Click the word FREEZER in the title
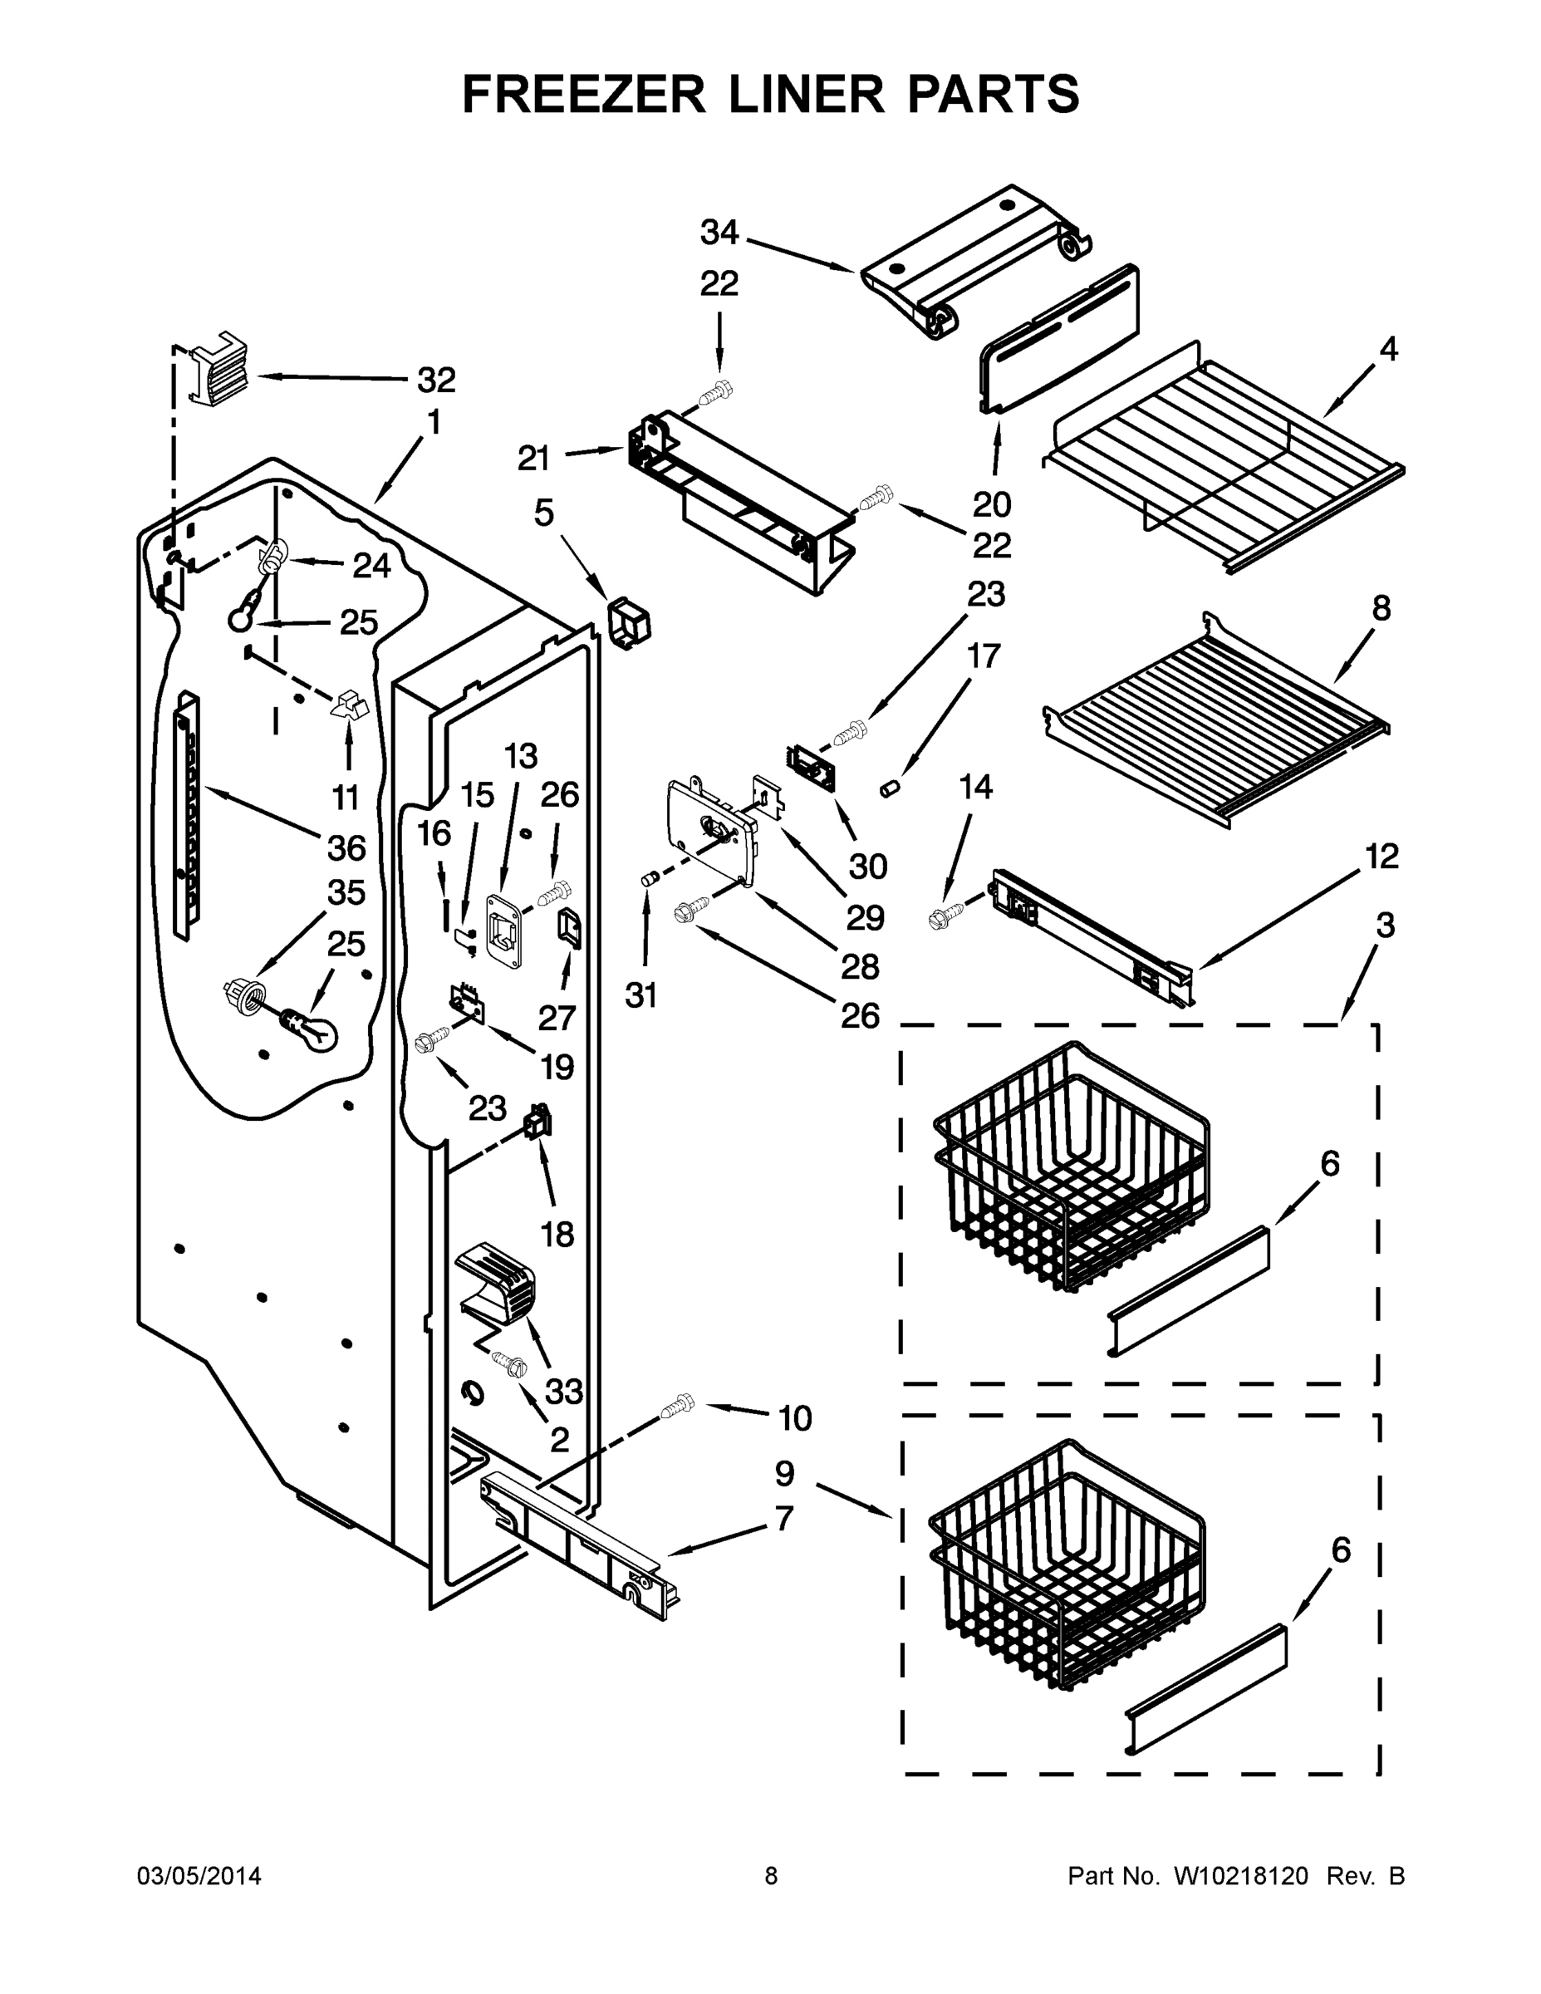pyautogui.click(x=584, y=94)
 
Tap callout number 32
pyautogui.click(x=436, y=379)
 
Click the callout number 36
pyautogui.click(x=347, y=848)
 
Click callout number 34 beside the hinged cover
pyautogui.click(x=719, y=233)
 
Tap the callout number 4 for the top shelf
pyautogui.click(x=1387, y=349)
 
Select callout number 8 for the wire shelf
pyautogui.click(x=1381, y=608)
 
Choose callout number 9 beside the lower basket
pyautogui.click(x=784, y=1474)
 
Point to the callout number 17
pyautogui.click(x=984, y=656)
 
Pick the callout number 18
pyautogui.click(x=557, y=1235)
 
